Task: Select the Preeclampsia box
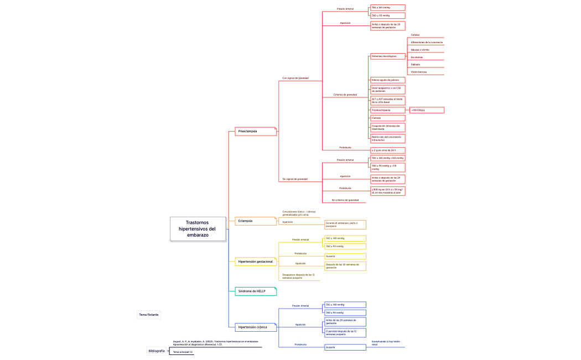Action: point(255,131)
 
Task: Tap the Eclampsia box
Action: point(255,221)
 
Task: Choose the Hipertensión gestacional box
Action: point(255,261)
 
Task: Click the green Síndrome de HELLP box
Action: point(255,291)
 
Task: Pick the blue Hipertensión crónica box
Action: point(255,327)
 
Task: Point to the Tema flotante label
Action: point(148,314)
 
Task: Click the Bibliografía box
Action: point(156,351)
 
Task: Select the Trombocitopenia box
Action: point(387,110)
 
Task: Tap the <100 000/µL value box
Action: point(426,110)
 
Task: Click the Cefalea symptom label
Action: point(415,35)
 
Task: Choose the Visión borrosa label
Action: point(418,72)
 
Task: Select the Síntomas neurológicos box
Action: point(387,56)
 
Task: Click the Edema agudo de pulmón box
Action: point(387,80)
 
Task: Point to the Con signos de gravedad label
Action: point(295,78)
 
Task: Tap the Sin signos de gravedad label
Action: point(295,179)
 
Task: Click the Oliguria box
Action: point(387,118)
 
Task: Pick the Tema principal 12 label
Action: point(183,352)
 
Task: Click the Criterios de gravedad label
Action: point(345,95)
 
